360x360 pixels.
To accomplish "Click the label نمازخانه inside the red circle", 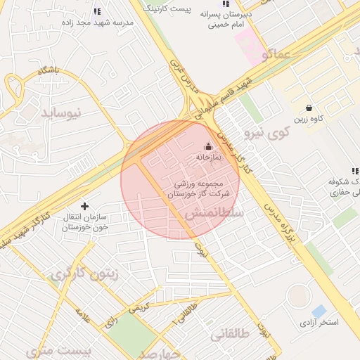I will pyautogui.click(x=207, y=157).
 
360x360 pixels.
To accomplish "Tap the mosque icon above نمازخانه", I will pyautogui.click(x=207, y=147).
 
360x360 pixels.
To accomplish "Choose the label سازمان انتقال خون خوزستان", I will pyautogui.click(x=84, y=222).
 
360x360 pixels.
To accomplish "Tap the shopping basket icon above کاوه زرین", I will pyautogui.click(x=310, y=108).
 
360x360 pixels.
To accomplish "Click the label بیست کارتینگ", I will pyautogui.click(x=167, y=9).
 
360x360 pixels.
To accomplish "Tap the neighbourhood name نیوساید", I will pyautogui.click(x=62, y=112).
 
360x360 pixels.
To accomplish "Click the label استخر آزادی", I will pyautogui.click(x=320, y=323).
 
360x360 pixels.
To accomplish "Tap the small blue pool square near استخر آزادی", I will pyautogui.click(x=319, y=311).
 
